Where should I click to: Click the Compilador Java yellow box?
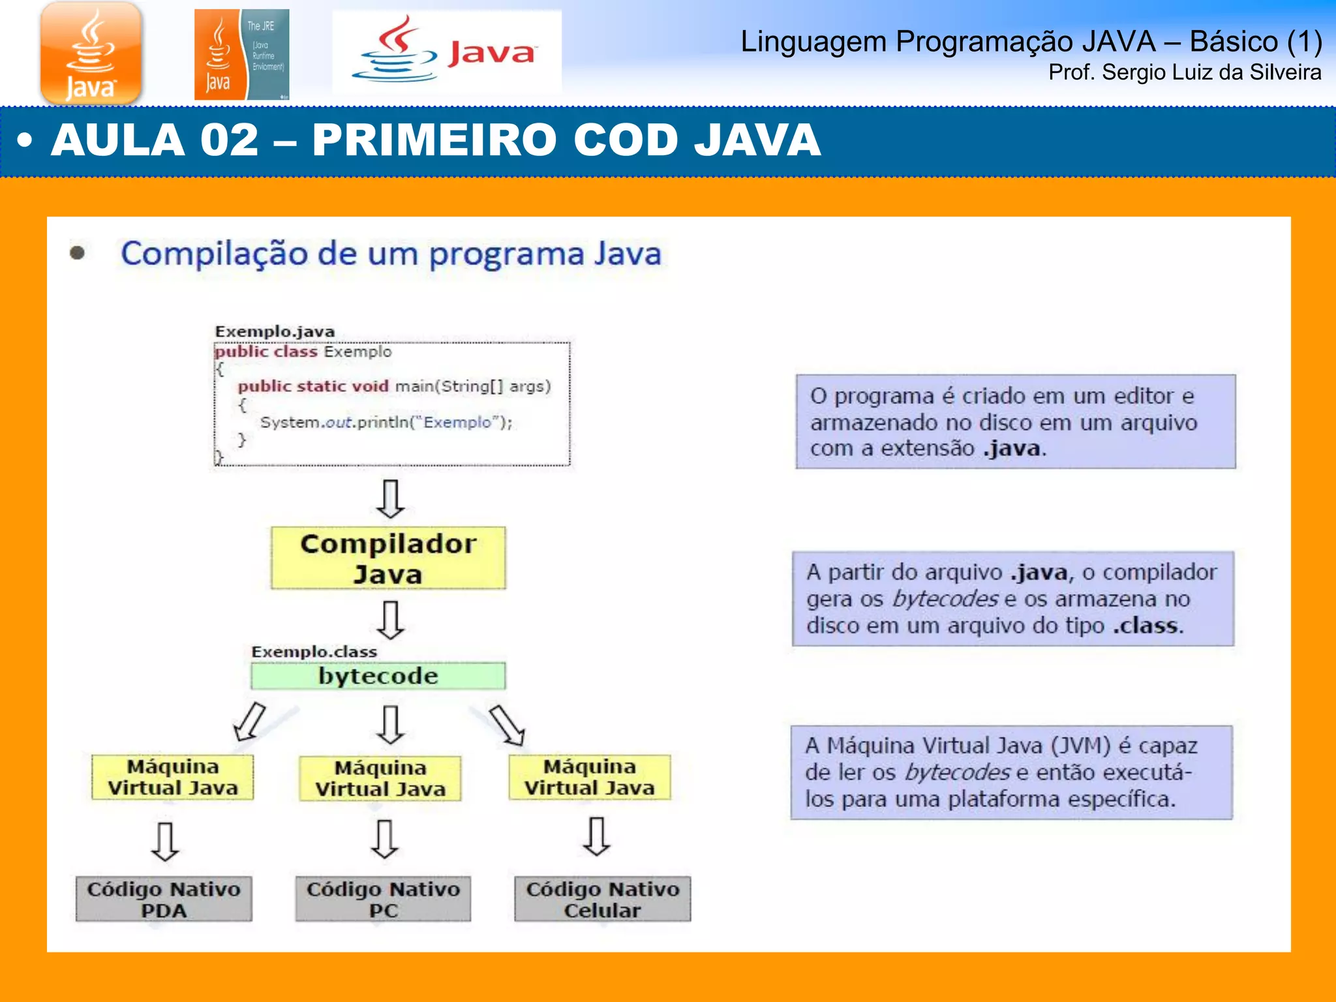[388, 558]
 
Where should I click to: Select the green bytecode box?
[378, 676]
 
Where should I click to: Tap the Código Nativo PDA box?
[164, 899]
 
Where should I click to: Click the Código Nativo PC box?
[383, 899]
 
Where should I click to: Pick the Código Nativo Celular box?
[602, 899]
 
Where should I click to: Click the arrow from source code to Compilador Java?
[391, 498]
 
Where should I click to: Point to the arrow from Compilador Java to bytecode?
[391, 619]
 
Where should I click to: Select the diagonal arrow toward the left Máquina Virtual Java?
[250, 721]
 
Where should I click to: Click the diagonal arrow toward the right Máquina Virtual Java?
[508, 724]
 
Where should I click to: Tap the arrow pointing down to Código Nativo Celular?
[597, 836]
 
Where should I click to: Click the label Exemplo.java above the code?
[275, 331]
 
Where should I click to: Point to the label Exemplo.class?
[314, 652]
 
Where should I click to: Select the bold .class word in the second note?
[1147, 626]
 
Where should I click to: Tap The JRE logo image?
[241, 55]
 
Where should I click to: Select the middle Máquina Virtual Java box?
[380, 778]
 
